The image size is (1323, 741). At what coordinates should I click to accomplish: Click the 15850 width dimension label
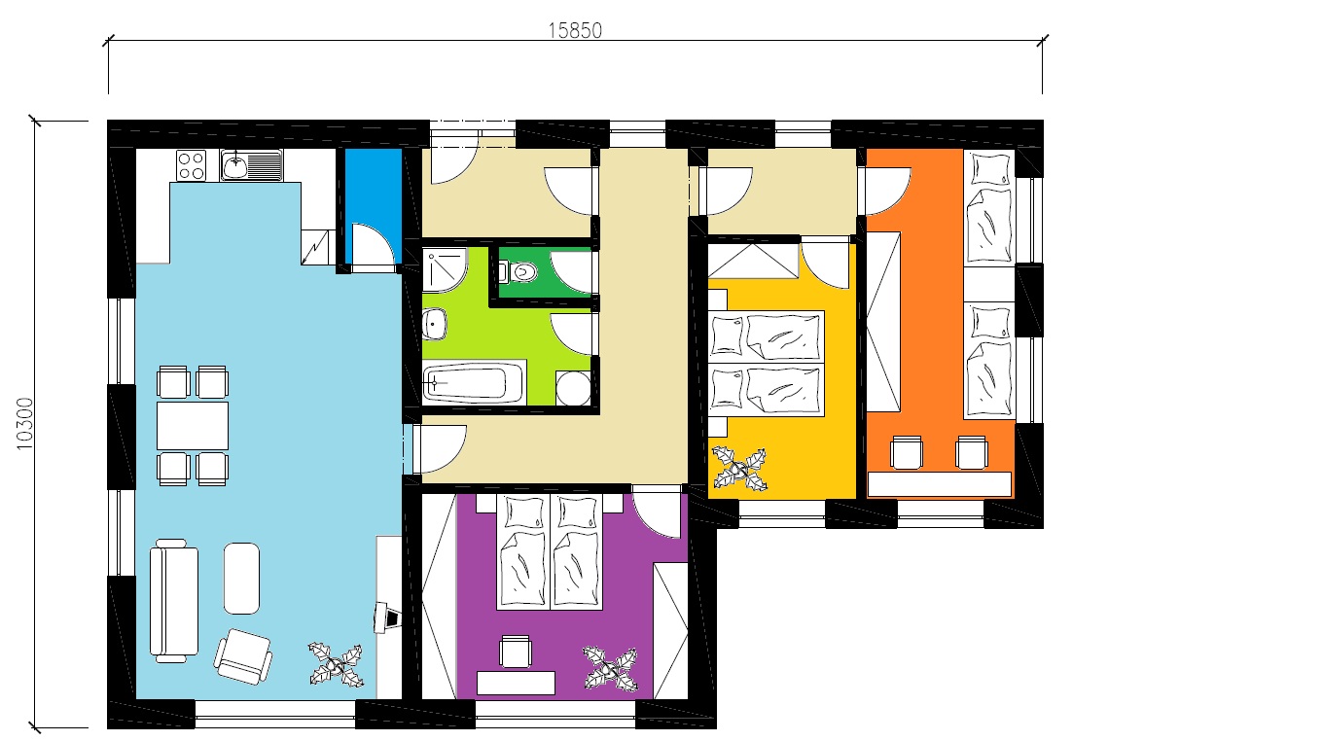click(575, 30)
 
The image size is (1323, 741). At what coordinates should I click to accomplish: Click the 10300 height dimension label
click(25, 423)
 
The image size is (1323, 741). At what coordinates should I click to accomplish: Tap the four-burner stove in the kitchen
click(191, 165)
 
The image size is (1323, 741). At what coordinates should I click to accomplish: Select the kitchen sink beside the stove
click(252, 164)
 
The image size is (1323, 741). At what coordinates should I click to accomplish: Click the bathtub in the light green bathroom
click(474, 382)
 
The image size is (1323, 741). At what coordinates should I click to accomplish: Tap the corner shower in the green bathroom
click(445, 269)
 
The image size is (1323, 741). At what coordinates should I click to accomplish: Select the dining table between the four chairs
click(193, 426)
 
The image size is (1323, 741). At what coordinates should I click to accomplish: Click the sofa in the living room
click(173, 600)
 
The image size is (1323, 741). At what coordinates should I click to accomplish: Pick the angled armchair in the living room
click(243, 656)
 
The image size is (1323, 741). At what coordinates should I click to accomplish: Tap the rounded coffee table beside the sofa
click(241, 578)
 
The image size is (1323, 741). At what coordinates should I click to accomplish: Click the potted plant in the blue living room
click(336, 665)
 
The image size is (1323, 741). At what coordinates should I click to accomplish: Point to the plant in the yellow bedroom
click(739, 470)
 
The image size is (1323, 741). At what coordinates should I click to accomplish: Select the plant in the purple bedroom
click(611, 669)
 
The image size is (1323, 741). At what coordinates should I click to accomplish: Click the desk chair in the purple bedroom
click(515, 652)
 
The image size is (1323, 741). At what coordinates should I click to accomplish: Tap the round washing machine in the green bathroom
click(573, 388)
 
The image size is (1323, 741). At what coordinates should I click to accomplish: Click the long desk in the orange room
click(939, 484)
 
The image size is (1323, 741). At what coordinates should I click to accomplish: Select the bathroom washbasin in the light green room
click(435, 324)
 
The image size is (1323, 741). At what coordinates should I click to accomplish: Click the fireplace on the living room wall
click(387, 617)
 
